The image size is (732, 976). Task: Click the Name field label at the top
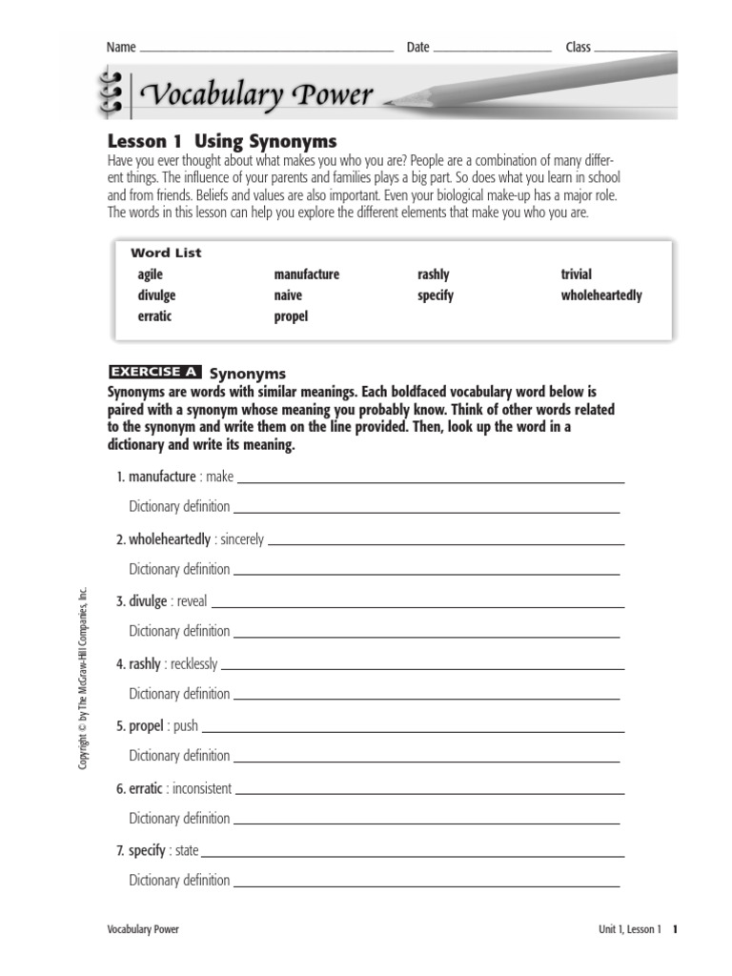pos(121,48)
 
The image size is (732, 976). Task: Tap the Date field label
pos(417,48)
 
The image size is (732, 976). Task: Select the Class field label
pos(578,48)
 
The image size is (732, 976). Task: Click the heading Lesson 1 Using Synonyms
pos(221,141)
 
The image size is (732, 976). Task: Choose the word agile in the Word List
pos(151,274)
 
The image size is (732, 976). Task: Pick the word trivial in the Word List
pos(576,274)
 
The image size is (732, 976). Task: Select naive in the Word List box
pos(288,295)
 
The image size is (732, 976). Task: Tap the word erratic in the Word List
pos(154,316)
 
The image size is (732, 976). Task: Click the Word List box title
pos(166,254)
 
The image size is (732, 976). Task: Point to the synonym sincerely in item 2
pos(241,539)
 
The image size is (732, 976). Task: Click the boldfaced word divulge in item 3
pos(148,601)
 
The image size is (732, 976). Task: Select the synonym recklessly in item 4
pos(193,663)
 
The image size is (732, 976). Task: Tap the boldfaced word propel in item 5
pos(146,725)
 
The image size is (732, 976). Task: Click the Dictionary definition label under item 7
pos(179,881)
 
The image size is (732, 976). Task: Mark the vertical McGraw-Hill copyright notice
pos(84,678)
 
